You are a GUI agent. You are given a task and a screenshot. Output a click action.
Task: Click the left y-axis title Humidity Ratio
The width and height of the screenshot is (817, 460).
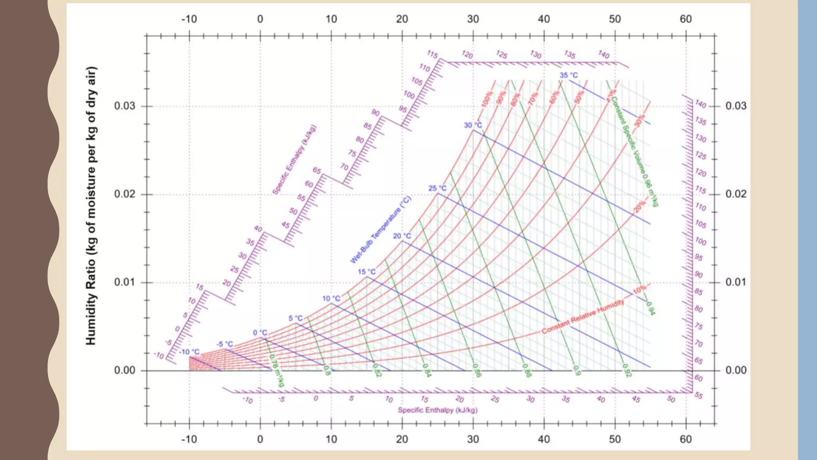(x=91, y=206)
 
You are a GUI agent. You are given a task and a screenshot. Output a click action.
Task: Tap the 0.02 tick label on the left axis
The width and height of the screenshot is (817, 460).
(x=124, y=194)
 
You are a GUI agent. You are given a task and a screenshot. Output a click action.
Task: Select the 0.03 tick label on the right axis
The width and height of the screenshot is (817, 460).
(x=736, y=106)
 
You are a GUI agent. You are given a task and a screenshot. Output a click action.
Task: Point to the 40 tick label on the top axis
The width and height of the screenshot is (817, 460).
(x=544, y=19)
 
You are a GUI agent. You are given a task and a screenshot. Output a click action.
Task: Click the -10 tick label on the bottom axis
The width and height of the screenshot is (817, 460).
(x=189, y=439)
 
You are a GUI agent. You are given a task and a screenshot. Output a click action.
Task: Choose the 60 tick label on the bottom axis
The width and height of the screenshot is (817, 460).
(x=685, y=439)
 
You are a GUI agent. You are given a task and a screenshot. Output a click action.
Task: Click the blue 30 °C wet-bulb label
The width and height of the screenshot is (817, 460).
(x=473, y=125)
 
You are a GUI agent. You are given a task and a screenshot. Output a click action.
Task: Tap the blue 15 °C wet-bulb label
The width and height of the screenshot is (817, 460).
(x=366, y=272)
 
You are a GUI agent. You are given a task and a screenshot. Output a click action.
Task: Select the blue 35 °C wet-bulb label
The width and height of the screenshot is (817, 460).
(x=568, y=75)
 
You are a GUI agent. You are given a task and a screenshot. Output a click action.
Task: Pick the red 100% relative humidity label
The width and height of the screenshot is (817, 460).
(x=487, y=99)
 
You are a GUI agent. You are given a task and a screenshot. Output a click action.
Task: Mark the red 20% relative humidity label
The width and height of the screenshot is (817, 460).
(x=639, y=206)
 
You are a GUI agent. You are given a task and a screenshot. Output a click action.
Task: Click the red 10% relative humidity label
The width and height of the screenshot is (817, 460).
(x=639, y=289)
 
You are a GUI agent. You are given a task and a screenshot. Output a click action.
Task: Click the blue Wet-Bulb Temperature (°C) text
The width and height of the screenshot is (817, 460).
(x=380, y=230)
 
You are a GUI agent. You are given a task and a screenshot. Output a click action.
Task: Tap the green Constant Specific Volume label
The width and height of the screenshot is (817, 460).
(x=634, y=152)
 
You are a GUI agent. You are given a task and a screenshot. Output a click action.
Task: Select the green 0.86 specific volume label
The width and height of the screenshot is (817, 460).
(x=477, y=370)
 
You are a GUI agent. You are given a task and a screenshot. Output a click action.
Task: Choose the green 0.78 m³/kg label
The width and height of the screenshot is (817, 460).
(x=276, y=370)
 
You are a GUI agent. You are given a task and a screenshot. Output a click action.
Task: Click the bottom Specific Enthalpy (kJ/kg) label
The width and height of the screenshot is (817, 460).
(x=437, y=410)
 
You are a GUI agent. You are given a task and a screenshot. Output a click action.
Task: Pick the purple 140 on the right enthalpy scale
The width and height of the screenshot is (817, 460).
(x=701, y=104)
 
